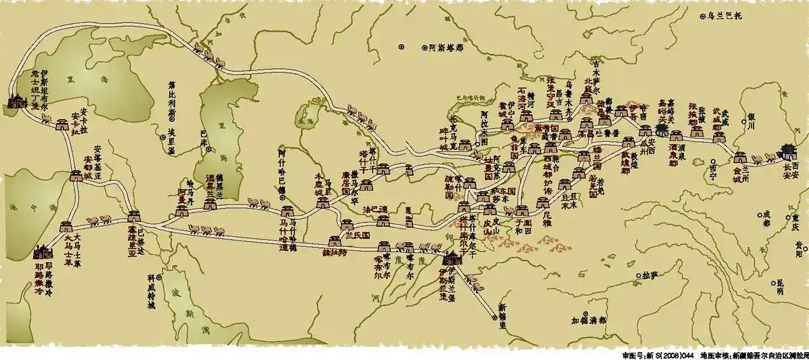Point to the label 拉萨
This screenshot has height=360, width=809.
(x=650, y=274)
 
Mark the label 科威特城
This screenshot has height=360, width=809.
(x=150, y=292)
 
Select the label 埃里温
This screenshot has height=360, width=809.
(x=171, y=137)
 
